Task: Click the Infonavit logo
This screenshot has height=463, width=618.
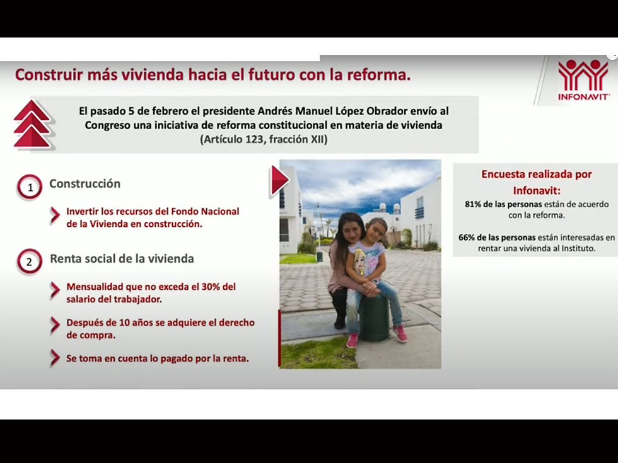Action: (583, 80)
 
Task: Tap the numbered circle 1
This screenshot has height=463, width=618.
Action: (30, 187)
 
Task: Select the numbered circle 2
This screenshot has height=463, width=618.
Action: (30, 261)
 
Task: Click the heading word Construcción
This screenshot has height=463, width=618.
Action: (85, 184)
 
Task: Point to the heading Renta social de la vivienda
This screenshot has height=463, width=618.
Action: (122, 259)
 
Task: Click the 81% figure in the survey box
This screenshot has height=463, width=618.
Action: (472, 204)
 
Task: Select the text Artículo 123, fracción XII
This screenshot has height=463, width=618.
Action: (264, 139)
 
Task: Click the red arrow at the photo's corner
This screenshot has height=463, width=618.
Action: (279, 180)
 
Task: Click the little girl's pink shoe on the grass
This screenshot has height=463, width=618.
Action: (352, 341)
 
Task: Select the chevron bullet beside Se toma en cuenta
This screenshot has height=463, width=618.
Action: (55, 358)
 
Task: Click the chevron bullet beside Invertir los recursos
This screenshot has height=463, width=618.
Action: (55, 215)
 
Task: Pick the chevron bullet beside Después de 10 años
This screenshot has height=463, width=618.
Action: (55, 326)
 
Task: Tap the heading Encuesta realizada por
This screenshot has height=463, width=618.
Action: (537, 174)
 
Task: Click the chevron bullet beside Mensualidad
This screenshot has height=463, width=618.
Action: (55, 290)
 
